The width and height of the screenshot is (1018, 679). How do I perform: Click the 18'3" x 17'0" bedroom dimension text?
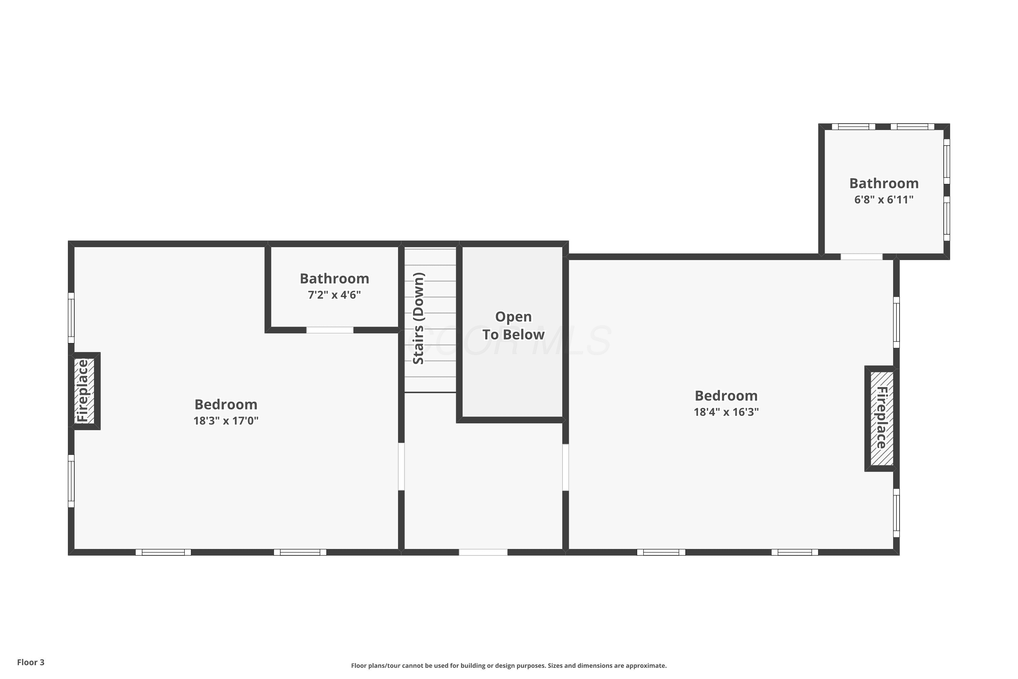point(226,421)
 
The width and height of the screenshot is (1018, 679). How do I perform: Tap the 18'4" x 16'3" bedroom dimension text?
point(726,412)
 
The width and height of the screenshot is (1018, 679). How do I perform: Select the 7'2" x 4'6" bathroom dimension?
point(334,295)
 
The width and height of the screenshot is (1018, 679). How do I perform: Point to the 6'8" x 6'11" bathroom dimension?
point(884,200)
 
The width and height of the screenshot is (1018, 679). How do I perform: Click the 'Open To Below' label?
point(513,326)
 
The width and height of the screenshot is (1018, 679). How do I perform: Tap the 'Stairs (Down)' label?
point(418,318)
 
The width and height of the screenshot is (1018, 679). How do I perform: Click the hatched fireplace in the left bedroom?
point(84,391)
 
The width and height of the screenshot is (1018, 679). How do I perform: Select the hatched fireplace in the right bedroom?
point(882,419)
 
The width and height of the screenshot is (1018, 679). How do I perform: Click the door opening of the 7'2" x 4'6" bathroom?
point(330,330)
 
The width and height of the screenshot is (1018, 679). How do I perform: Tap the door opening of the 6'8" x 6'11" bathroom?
point(861,257)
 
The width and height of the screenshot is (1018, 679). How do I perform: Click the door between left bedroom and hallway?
point(401,466)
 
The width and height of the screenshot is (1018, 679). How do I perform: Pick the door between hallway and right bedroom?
point(565,467)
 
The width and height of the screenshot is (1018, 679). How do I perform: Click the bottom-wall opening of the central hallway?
point(483,552)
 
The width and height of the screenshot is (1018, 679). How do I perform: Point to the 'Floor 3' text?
point(31,662)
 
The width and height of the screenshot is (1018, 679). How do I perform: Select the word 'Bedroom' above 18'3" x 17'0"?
point(226,404)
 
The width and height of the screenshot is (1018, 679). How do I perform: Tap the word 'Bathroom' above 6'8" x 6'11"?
point(884,183)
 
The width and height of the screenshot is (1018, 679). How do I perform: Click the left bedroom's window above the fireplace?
point(71,318)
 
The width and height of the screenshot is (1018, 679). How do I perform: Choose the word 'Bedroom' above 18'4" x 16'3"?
point(726,396)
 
